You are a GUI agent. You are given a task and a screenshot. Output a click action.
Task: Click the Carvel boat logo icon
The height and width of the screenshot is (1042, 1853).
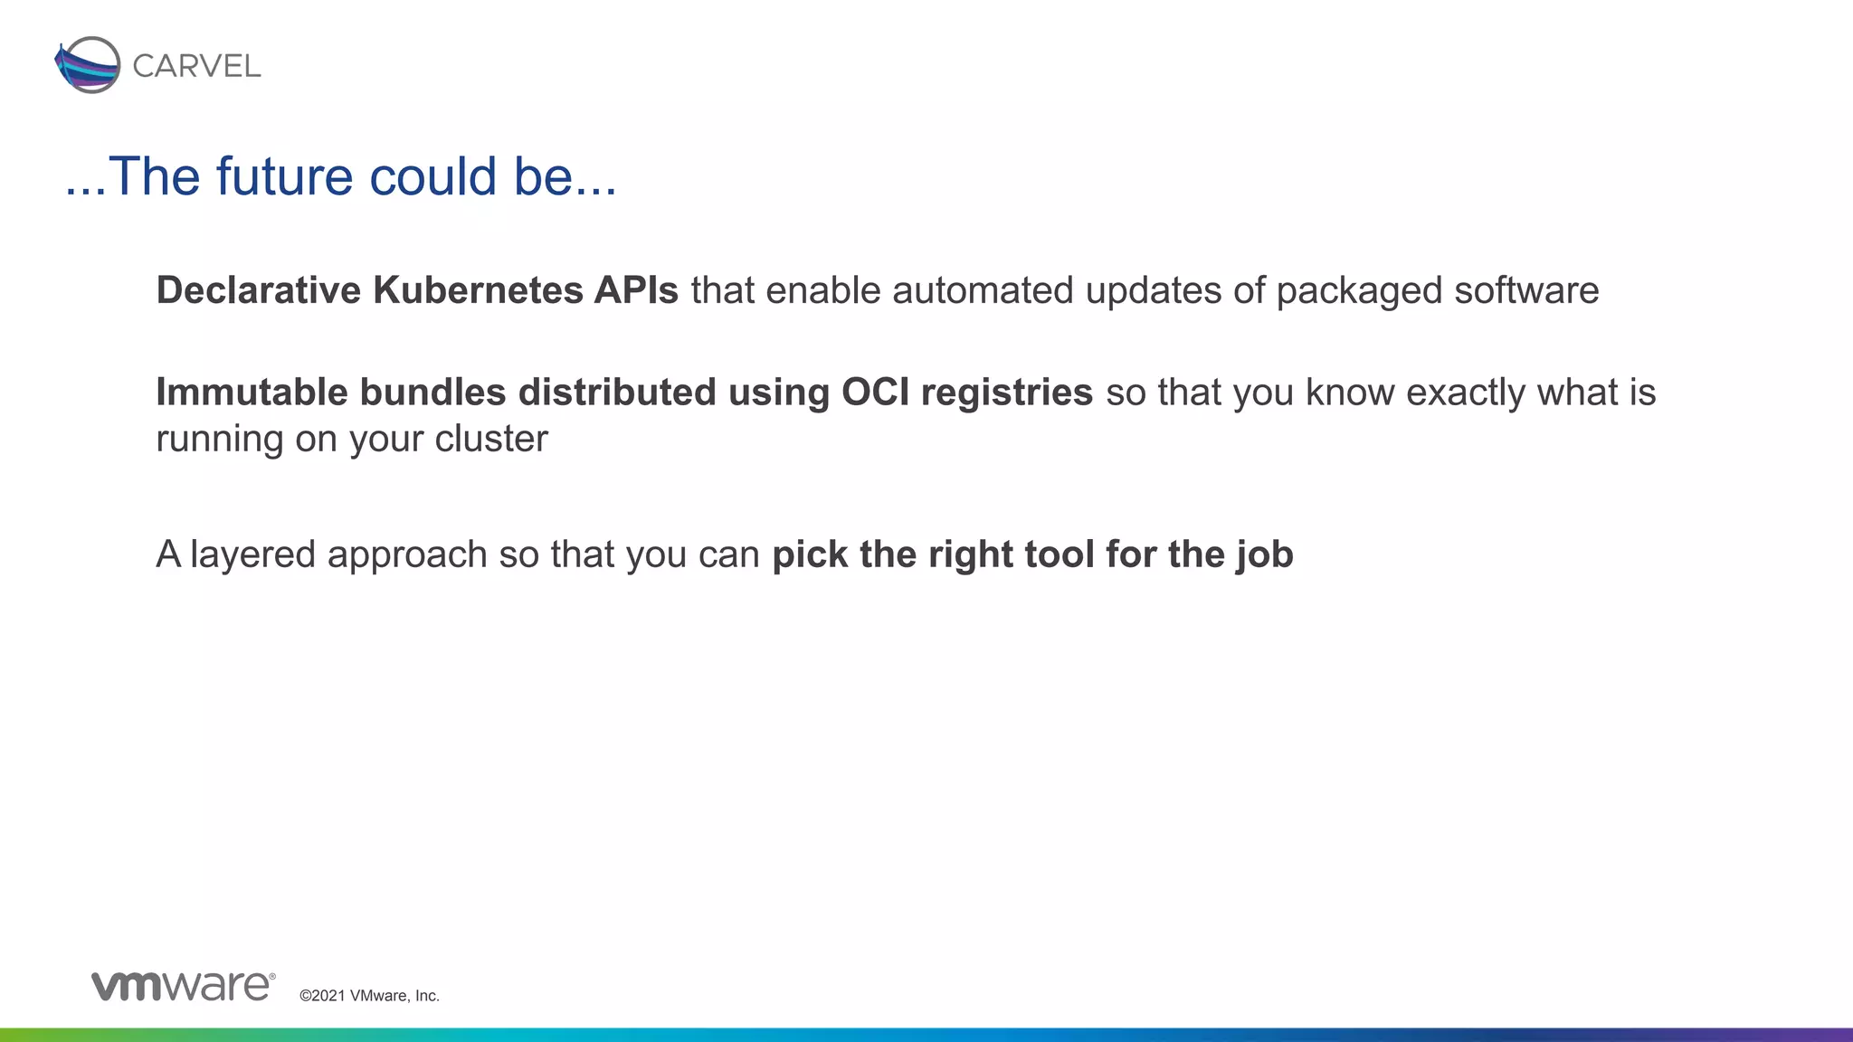click(88, 65)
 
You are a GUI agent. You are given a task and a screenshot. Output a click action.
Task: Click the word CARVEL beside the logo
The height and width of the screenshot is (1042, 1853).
click(196, 66)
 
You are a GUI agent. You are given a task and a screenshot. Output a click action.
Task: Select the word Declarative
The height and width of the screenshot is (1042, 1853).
click(259, 290)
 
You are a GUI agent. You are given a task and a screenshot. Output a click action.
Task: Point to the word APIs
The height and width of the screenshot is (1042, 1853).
click(636, 290)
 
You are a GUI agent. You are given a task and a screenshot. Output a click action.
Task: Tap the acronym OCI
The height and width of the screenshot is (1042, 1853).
click(875, 393)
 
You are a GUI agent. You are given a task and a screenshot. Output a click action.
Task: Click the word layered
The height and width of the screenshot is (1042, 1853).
click(252, 554)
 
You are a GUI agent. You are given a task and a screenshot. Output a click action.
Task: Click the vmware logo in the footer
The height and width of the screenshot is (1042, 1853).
click(183, 986)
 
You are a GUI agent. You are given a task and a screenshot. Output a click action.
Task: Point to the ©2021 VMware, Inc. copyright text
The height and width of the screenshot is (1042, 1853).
click(369, 996)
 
